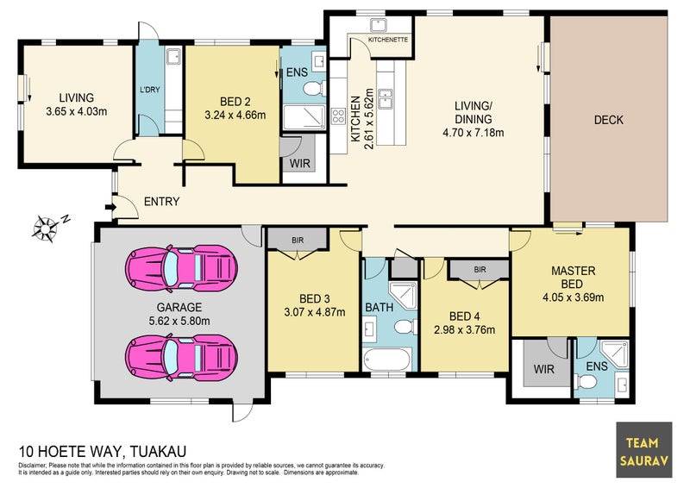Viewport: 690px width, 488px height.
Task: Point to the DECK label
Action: (x=608, y=120)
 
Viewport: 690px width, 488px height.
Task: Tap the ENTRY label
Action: (x=161, y=203)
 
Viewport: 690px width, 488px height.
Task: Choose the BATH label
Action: (x=379, y=307)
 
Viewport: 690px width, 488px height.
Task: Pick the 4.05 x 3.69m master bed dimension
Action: (x=574, y=298)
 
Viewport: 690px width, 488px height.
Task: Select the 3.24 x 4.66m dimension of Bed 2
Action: (x=234, y=113)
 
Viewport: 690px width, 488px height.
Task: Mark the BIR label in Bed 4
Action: (x=480, y=270)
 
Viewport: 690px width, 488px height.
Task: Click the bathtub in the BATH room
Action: (x=388, y=360)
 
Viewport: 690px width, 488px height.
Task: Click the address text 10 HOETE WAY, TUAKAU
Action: (x=103, y=451)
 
